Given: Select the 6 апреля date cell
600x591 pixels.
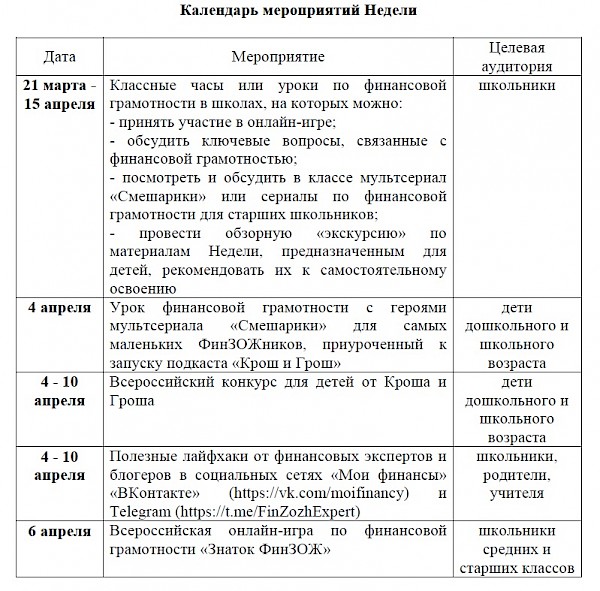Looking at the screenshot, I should coord(59,531).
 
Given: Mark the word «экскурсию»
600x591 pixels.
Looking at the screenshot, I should coord(340,233).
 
